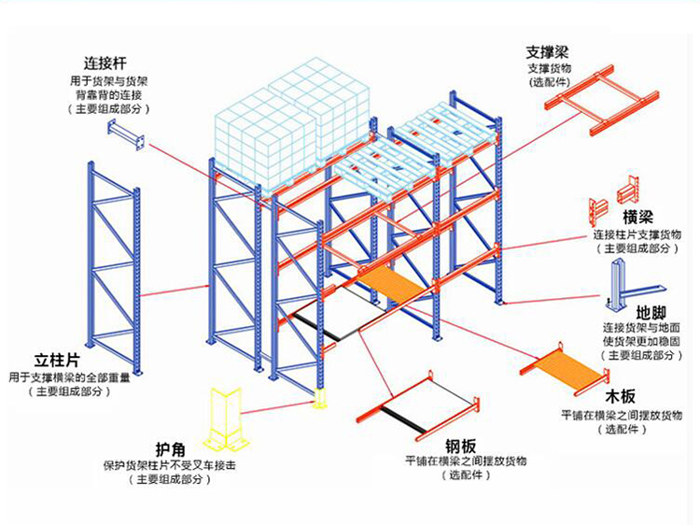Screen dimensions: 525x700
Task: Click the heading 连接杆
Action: (x=104, y=64)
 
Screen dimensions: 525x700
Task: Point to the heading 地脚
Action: (x=650, y=311)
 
